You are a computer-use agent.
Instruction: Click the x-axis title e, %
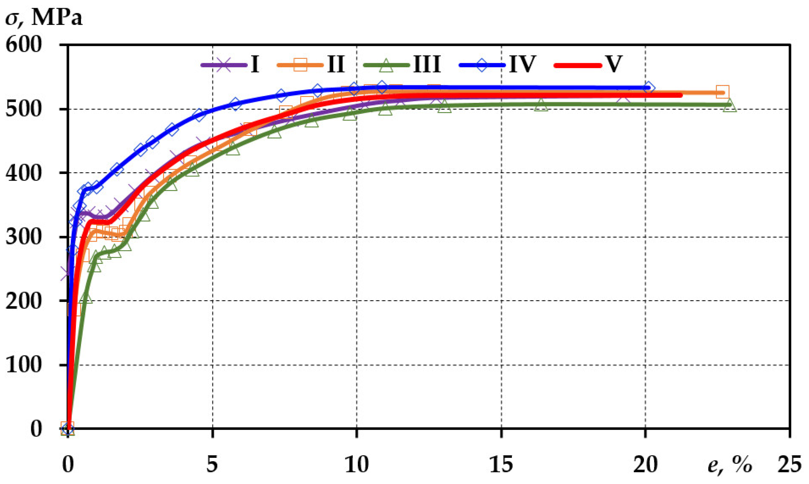[730, 465]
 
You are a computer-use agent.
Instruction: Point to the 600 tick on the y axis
[24, 44]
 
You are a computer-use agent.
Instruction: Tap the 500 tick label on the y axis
[24, 109]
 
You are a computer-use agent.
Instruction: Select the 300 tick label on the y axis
[24, 237]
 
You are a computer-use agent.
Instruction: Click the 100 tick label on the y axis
[24, 365]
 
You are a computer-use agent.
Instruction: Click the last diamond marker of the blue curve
[648, 88]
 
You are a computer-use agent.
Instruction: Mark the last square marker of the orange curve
[722, 92]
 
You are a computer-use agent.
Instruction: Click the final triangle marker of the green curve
[730, 105]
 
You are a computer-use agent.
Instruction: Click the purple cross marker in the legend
[224, 65]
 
